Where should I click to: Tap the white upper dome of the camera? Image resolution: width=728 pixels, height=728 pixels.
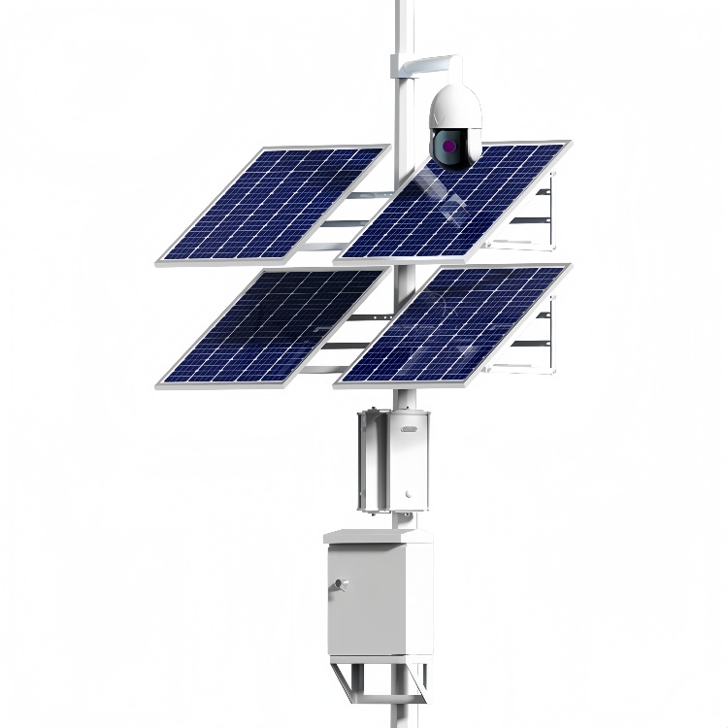click(456, 105)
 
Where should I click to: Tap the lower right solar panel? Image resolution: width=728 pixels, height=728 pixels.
click(454, 325)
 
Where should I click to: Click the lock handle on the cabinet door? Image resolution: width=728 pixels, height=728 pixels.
click(339, 584)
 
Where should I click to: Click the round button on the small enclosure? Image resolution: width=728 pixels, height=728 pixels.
click(411, 501)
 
